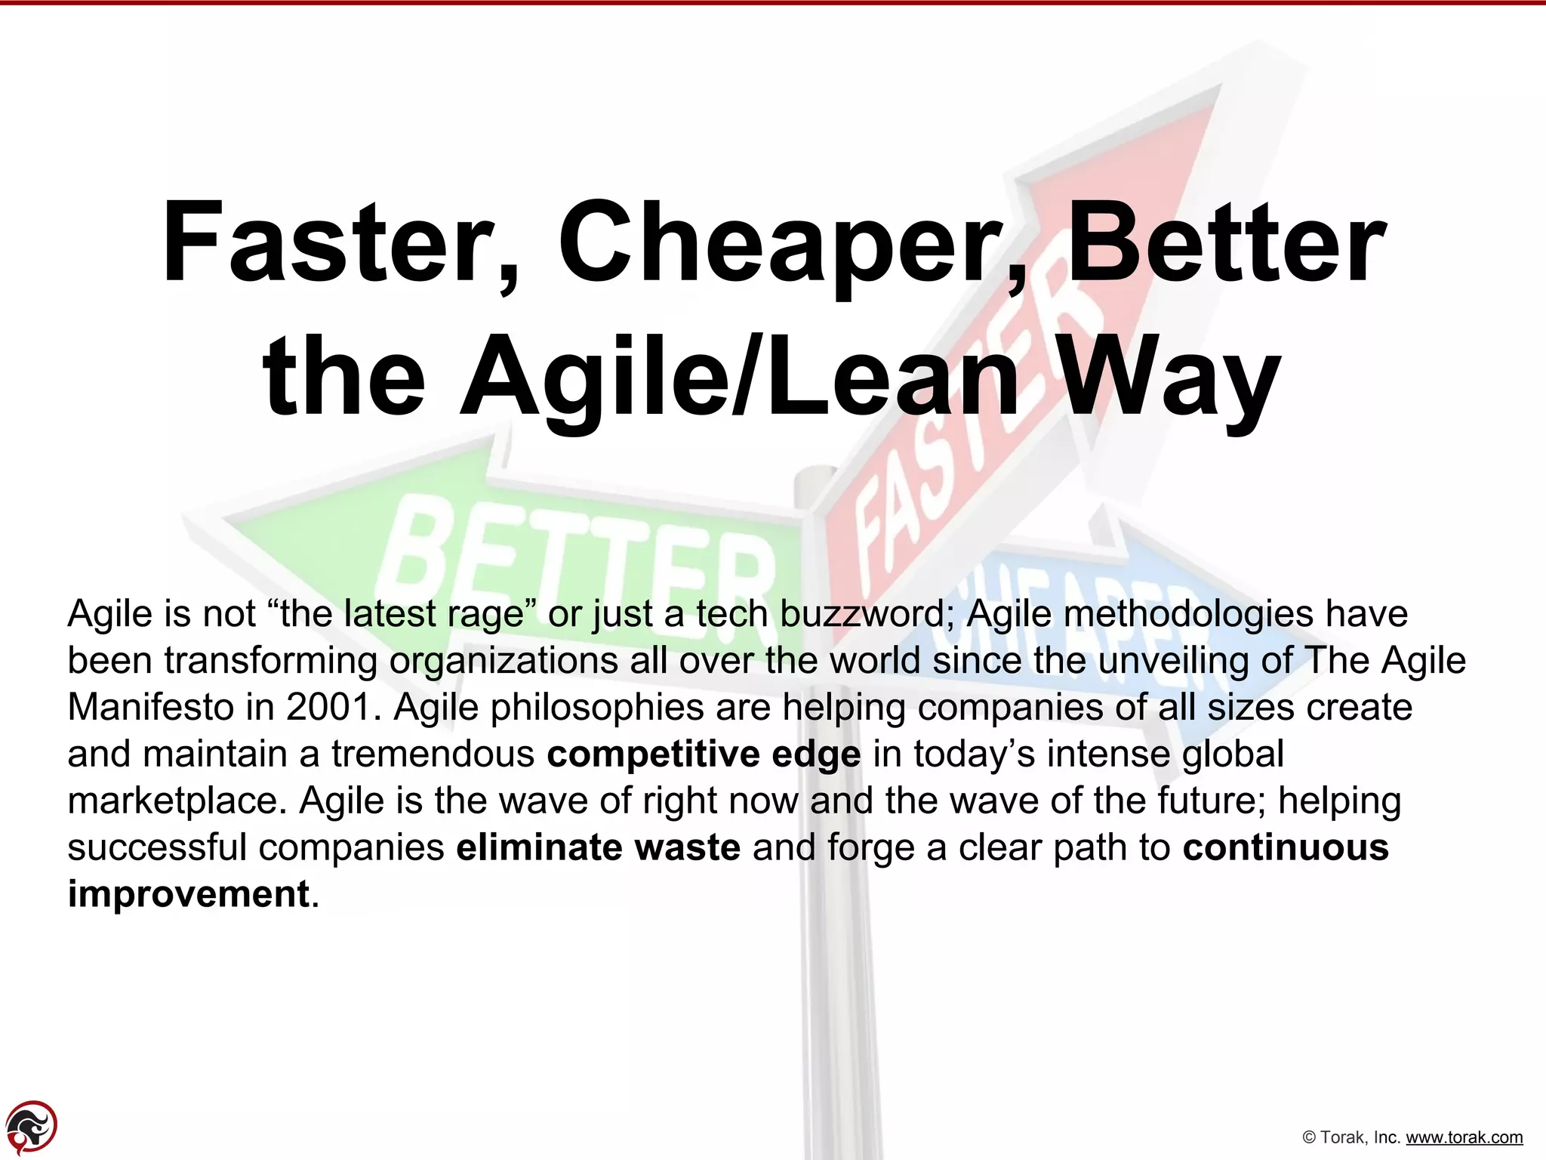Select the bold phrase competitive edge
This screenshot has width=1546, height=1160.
pos(704,754)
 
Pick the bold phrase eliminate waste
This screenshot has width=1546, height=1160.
pos(598,847)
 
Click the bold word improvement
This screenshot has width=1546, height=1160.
pos(189,894)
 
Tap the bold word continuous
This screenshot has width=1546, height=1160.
pos(1286,847)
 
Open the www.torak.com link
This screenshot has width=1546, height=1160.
pos(1464,1137)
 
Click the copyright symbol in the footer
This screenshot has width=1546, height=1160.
pos(1310,1137)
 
